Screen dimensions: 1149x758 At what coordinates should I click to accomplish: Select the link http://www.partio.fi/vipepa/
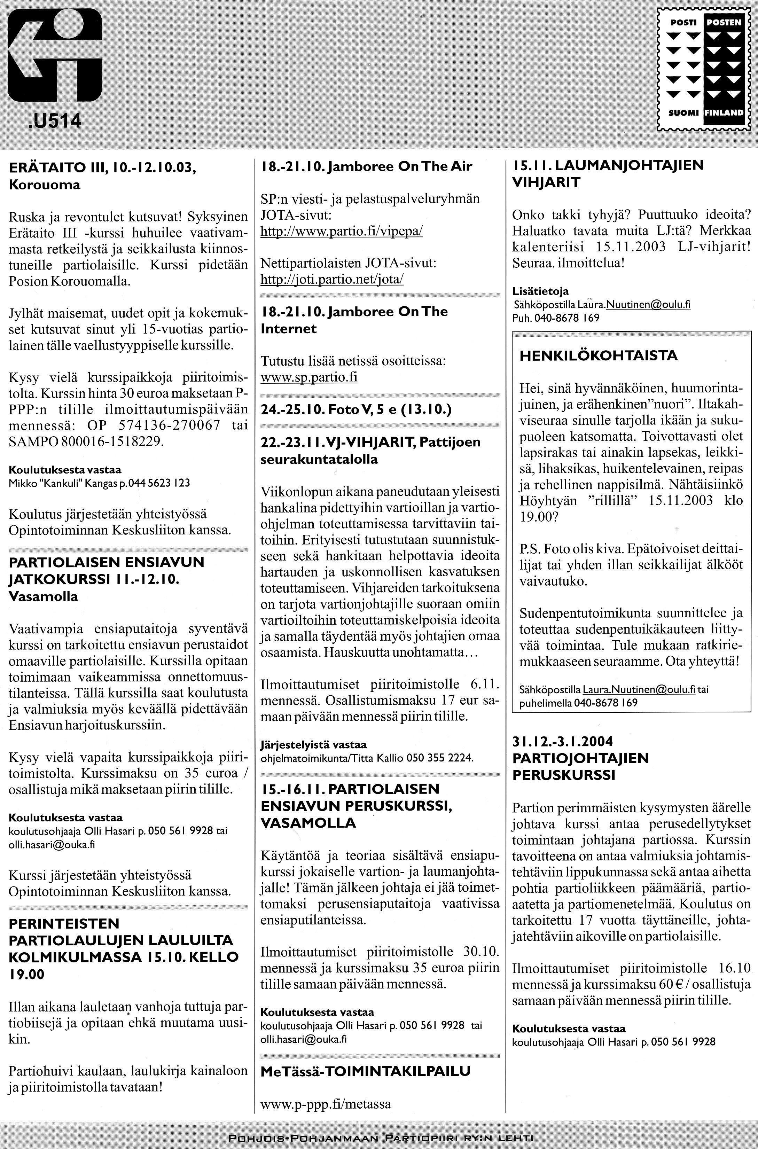(x=341, y=231)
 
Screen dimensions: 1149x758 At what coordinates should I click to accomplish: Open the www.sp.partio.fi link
(x=309, y=377)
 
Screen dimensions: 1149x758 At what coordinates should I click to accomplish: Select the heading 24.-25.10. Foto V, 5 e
(x=356, y=410)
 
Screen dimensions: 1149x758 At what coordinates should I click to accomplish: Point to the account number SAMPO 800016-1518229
(x=86, y=442)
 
